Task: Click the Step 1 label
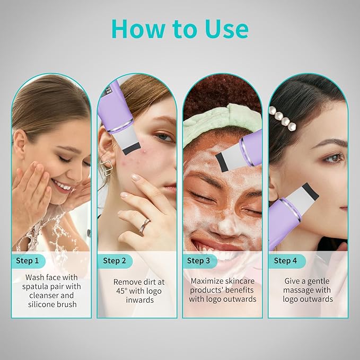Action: (x=28, y=260)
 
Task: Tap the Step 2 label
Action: (x=114, y=260)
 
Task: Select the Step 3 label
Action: (x=199, y=260)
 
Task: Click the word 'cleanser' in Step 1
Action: (x=44, y=295)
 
